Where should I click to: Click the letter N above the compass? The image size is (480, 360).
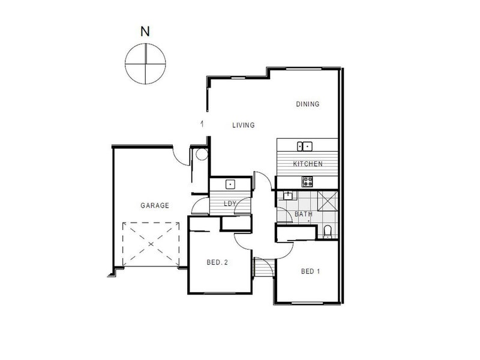145,31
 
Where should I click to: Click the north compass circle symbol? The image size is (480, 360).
145,64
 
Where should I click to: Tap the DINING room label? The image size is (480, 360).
308,104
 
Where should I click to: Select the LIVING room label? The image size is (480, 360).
244,125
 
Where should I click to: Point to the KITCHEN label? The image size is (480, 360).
308,164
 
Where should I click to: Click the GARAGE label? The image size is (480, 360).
155,205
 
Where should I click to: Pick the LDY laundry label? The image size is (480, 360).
230,203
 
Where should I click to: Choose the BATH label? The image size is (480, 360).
304,214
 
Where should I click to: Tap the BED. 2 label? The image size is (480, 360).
217,262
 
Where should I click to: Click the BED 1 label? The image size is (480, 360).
310,271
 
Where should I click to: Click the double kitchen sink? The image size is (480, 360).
305,146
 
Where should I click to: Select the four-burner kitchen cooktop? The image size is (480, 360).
308,182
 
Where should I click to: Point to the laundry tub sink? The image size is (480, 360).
230,184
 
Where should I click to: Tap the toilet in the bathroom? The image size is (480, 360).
328,232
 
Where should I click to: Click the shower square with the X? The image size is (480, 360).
328,201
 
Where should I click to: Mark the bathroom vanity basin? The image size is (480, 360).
288,196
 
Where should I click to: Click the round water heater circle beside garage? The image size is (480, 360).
202,154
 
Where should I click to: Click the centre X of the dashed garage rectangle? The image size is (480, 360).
151,244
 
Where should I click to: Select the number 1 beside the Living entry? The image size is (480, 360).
202,124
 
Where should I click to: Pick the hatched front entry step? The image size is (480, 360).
260,267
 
